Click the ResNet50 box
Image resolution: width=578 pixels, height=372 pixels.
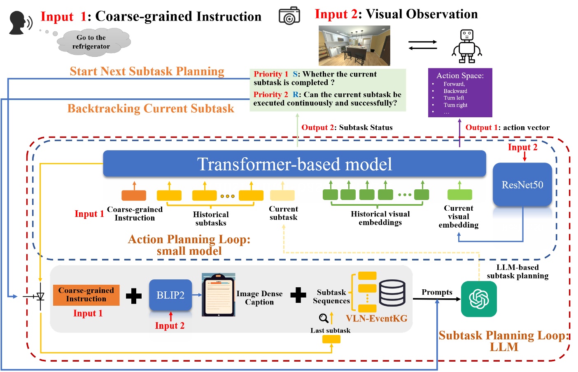click(522, 185)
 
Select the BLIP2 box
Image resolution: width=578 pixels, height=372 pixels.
click(170, 295)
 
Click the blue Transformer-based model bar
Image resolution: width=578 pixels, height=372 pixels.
click(294, 164)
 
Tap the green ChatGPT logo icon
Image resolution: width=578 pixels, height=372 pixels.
click(479, 299)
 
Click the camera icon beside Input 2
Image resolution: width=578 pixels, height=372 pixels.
click(289, 16)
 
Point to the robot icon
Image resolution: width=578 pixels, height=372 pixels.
click(467, 46)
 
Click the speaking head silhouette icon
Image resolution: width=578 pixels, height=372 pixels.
click(19, 23)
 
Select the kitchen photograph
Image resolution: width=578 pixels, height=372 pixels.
click(354, 46)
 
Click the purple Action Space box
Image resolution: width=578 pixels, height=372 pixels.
click(460, 93)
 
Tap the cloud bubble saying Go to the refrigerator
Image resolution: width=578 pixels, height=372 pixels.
click(92, 42)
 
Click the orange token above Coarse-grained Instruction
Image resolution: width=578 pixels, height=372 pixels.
click(134, 195)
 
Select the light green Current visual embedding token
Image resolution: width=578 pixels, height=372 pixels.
click(459, 194)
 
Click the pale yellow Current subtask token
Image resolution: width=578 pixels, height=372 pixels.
click(282, 195)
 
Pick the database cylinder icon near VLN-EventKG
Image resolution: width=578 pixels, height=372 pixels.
click(392, 293)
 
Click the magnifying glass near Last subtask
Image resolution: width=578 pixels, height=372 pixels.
click(324, 318)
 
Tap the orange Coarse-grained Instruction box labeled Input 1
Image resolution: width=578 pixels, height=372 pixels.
click(86, 295)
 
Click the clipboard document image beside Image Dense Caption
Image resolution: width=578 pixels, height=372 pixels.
click(218, 295)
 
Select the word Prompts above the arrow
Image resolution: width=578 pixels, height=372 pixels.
click(437, 292)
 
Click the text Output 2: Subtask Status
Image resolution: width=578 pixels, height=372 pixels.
click(347, 128)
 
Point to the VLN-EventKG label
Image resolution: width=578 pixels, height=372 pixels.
click(376, 319)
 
